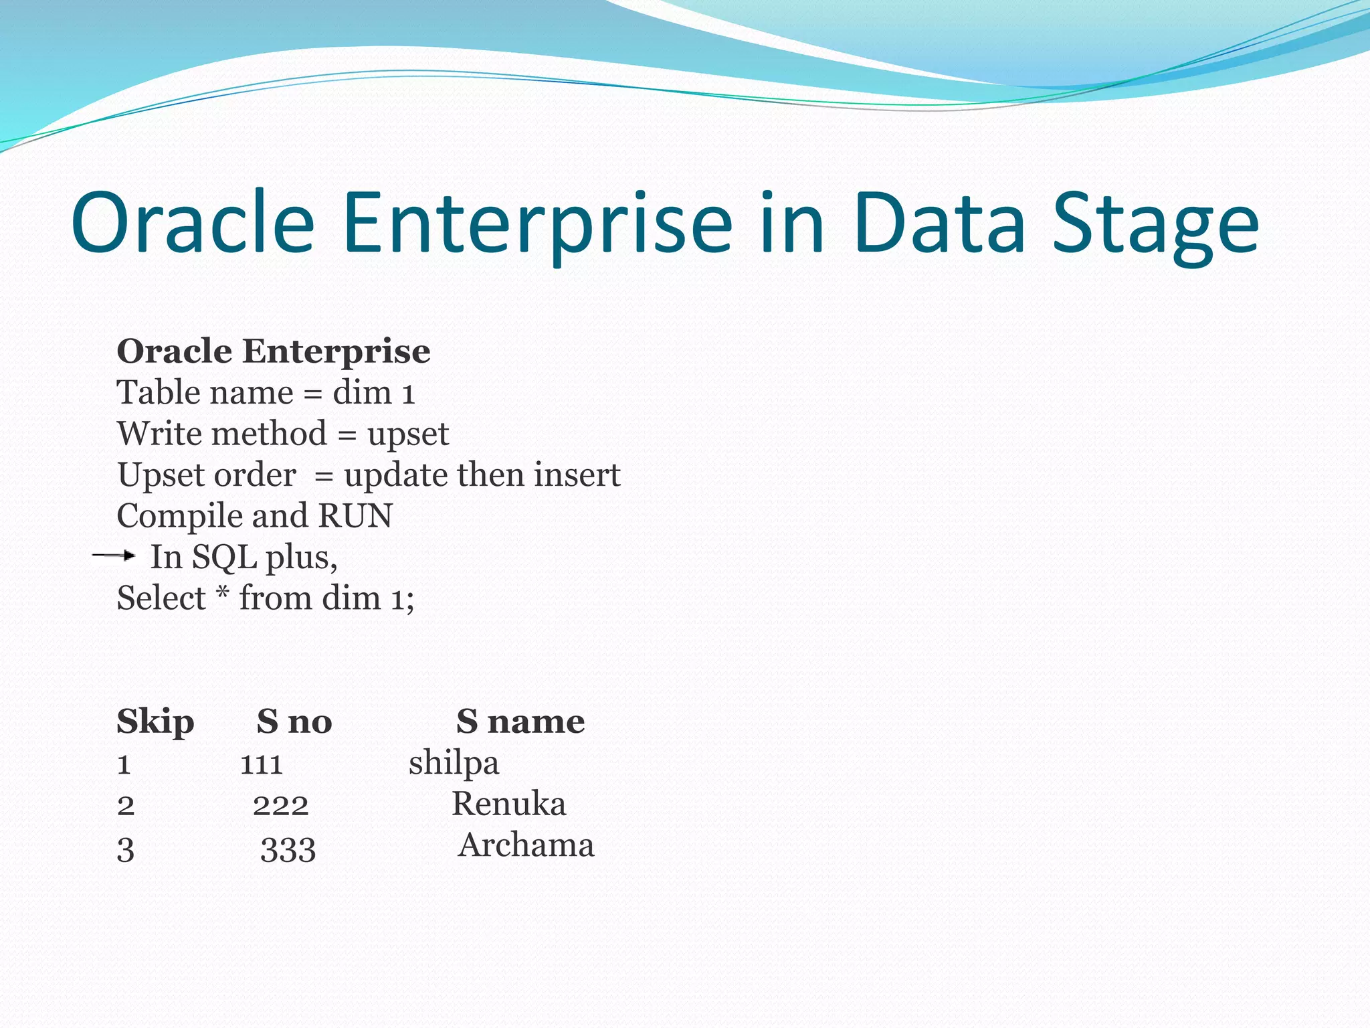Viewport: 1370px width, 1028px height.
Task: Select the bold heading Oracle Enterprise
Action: point(273,351)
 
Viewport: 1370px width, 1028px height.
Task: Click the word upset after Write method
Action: point(408,434)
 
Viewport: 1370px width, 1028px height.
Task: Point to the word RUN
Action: point(355,516)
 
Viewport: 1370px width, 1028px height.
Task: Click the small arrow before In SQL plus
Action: point(114,555)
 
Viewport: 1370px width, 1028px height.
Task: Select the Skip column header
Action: point(155,722)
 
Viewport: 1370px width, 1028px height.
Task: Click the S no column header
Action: point(294,722)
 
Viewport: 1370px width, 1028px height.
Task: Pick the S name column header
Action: point(520,722)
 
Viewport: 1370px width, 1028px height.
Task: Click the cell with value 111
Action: point(262,764)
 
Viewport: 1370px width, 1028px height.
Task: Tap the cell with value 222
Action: point(280,805)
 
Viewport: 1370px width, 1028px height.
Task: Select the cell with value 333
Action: point(288,849)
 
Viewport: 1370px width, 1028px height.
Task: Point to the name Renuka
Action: point(508,804)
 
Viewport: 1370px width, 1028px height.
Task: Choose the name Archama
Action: point(526,845)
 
